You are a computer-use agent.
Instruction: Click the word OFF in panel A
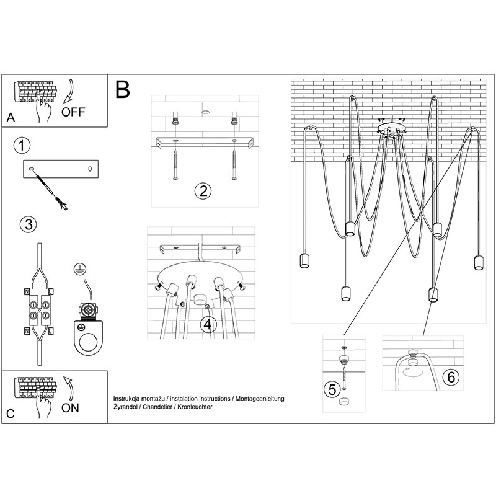click(73, 112)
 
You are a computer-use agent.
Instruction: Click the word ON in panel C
click(70, 408)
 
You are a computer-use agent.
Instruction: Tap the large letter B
click(123, 89)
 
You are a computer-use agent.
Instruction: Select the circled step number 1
click(22, 146)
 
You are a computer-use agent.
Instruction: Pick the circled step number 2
click(203, 191)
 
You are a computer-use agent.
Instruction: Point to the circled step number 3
click(29, 224)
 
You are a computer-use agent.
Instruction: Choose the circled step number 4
click(208, 324)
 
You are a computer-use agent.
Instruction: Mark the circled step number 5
click(332, 389)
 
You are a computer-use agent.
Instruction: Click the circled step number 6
click(451, 377)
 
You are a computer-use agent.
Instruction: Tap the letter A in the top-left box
click(11, 117)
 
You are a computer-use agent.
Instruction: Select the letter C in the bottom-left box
click(11, 414)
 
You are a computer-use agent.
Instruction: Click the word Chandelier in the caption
click(157, 407)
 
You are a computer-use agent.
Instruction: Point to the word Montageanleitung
click(260, 399)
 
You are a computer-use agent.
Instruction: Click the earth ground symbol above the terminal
click(80, 269)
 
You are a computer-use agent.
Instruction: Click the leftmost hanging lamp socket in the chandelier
click(304, 260)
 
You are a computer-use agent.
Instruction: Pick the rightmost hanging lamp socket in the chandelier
click(479, 262)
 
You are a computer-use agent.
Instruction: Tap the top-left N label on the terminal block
click(27, 291)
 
